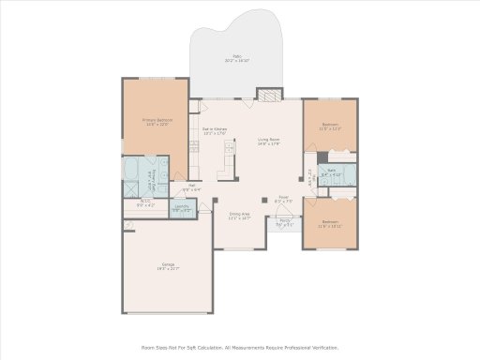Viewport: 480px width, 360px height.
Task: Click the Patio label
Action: [236, 59]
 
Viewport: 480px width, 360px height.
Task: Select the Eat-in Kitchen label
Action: [215, 130]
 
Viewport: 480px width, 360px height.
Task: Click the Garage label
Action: [168, 268]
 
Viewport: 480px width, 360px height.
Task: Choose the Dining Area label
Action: [240, 216]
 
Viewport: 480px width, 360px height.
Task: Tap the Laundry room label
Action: [182, 210]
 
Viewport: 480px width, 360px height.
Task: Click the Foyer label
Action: [282, 199]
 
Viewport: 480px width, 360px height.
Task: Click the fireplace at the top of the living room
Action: [269, 94]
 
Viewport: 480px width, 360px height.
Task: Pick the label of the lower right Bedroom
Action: [330, 225]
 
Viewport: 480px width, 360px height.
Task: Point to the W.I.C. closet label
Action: [145, 202]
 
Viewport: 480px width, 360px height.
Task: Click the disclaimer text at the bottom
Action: [240, 346]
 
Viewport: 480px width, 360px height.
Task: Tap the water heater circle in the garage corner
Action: [127, 225]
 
